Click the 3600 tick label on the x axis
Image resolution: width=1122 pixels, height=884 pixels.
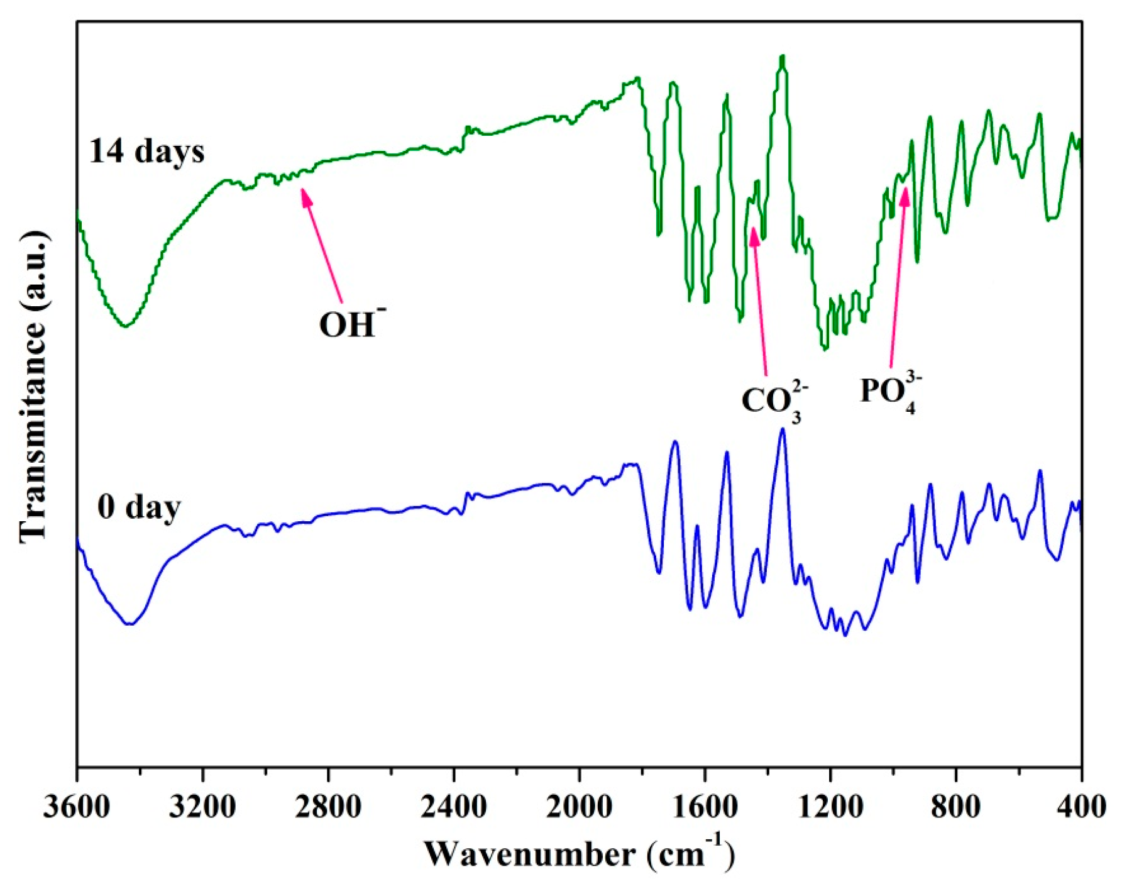click(77, 807)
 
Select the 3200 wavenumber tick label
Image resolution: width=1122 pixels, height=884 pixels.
click(202, 807)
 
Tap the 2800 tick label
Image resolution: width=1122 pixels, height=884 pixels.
click(328, 807)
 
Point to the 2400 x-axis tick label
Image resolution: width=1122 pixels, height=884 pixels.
click(454, 807)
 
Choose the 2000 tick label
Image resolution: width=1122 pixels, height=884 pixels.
click(579, 807)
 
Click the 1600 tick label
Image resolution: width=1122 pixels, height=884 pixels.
click(705, 807)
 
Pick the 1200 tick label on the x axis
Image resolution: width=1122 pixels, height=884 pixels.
click(830, 807)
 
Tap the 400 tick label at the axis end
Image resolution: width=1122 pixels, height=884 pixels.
click(1081, 807)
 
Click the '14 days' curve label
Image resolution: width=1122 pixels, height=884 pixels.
click(147, 152)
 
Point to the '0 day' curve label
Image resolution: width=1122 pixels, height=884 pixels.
click(139, 507)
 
